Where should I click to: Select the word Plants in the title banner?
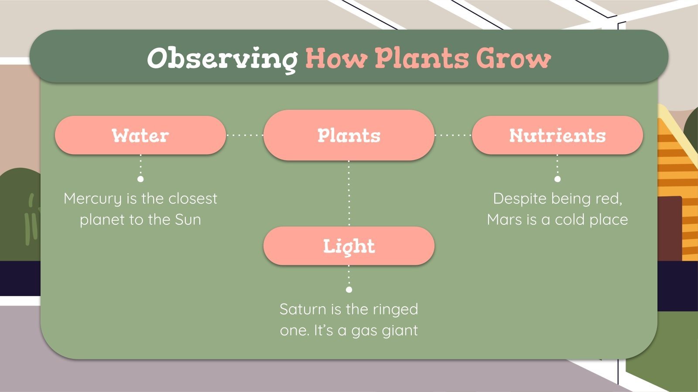[x=421, y=58]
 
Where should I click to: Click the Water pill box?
[x=140, y=135]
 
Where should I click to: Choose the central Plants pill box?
[x=349, y=135]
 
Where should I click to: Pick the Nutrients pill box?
[x=557, y=135]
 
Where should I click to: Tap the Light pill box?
[x=349, y=246]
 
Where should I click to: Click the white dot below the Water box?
[x=140, y=179]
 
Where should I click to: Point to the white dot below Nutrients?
[x=558, y=179]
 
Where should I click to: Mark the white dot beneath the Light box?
[x=349, y=290]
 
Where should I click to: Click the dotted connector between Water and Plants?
[x=245, y=135]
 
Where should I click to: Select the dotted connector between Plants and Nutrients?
[x=453, y=135]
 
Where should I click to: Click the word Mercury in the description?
[x=92, y=199]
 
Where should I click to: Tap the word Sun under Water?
[x=188, y=220]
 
